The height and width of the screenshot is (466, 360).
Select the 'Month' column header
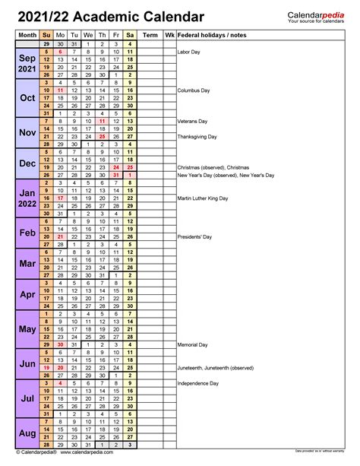click(x=27, y=35)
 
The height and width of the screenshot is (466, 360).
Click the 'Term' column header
click(x=150, y=35)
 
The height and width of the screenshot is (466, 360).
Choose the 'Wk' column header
click(x=169, y=35)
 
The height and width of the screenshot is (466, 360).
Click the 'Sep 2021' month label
click(x=27, y=63)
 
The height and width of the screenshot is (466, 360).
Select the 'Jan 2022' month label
click(x=27, y=198)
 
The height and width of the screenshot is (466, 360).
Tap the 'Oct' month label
click(x=27, y=98)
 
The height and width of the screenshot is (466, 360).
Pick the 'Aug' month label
click(x=27, y=433)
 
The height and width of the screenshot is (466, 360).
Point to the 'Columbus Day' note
click(x=194, y=90)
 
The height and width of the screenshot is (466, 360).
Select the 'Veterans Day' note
click(x=193, y=122)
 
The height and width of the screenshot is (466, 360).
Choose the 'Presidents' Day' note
click(x=194, y=237)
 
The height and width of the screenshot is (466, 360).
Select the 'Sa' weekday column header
click(x=131, y=35)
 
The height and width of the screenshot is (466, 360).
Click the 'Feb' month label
click(x=27, y=233)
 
